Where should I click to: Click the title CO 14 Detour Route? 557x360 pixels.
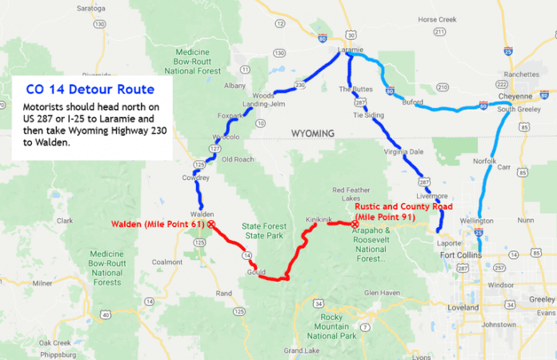[x=88, y=88]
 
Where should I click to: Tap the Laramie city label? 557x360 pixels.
[x=351, y=49]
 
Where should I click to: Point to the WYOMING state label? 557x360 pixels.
[x=312, y=134]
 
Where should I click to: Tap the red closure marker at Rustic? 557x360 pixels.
[x=355, y=224]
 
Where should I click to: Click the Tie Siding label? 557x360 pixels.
[x=368, y=114]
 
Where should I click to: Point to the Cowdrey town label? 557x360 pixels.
[x=196, y=177]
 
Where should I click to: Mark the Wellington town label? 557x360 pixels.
[x=477, y=221]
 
